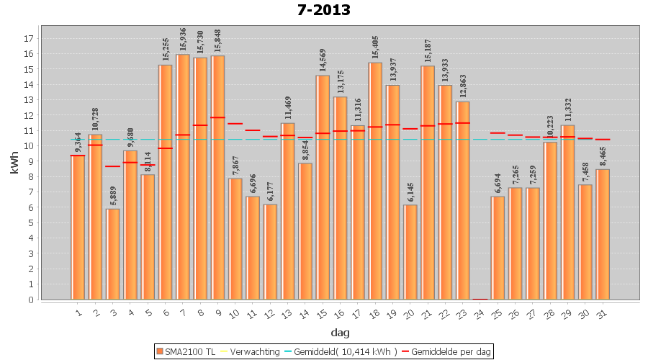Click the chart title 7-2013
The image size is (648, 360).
point(323,10)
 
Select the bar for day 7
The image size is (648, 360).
point(183,176)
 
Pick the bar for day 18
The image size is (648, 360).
point(375,181)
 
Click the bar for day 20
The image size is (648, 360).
point(410,252)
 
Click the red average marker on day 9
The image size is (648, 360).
point(217,117)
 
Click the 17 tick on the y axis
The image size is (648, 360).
point(28,38)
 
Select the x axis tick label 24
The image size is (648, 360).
point(480,314)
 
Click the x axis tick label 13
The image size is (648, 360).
point(287,314)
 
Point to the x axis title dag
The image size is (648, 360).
point(341,333)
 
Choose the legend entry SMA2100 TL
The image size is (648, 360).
point(185,351)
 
